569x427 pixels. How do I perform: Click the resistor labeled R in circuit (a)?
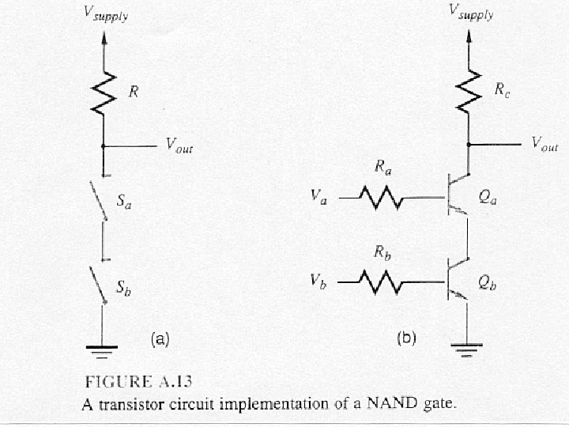103,93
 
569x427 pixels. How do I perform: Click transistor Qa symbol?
457,195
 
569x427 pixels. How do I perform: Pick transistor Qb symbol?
457,282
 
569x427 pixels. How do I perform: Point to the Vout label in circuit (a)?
179,145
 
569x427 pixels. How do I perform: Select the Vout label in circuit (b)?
545,144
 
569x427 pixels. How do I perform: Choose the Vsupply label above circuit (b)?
471,12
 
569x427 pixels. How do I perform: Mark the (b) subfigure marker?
405,339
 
